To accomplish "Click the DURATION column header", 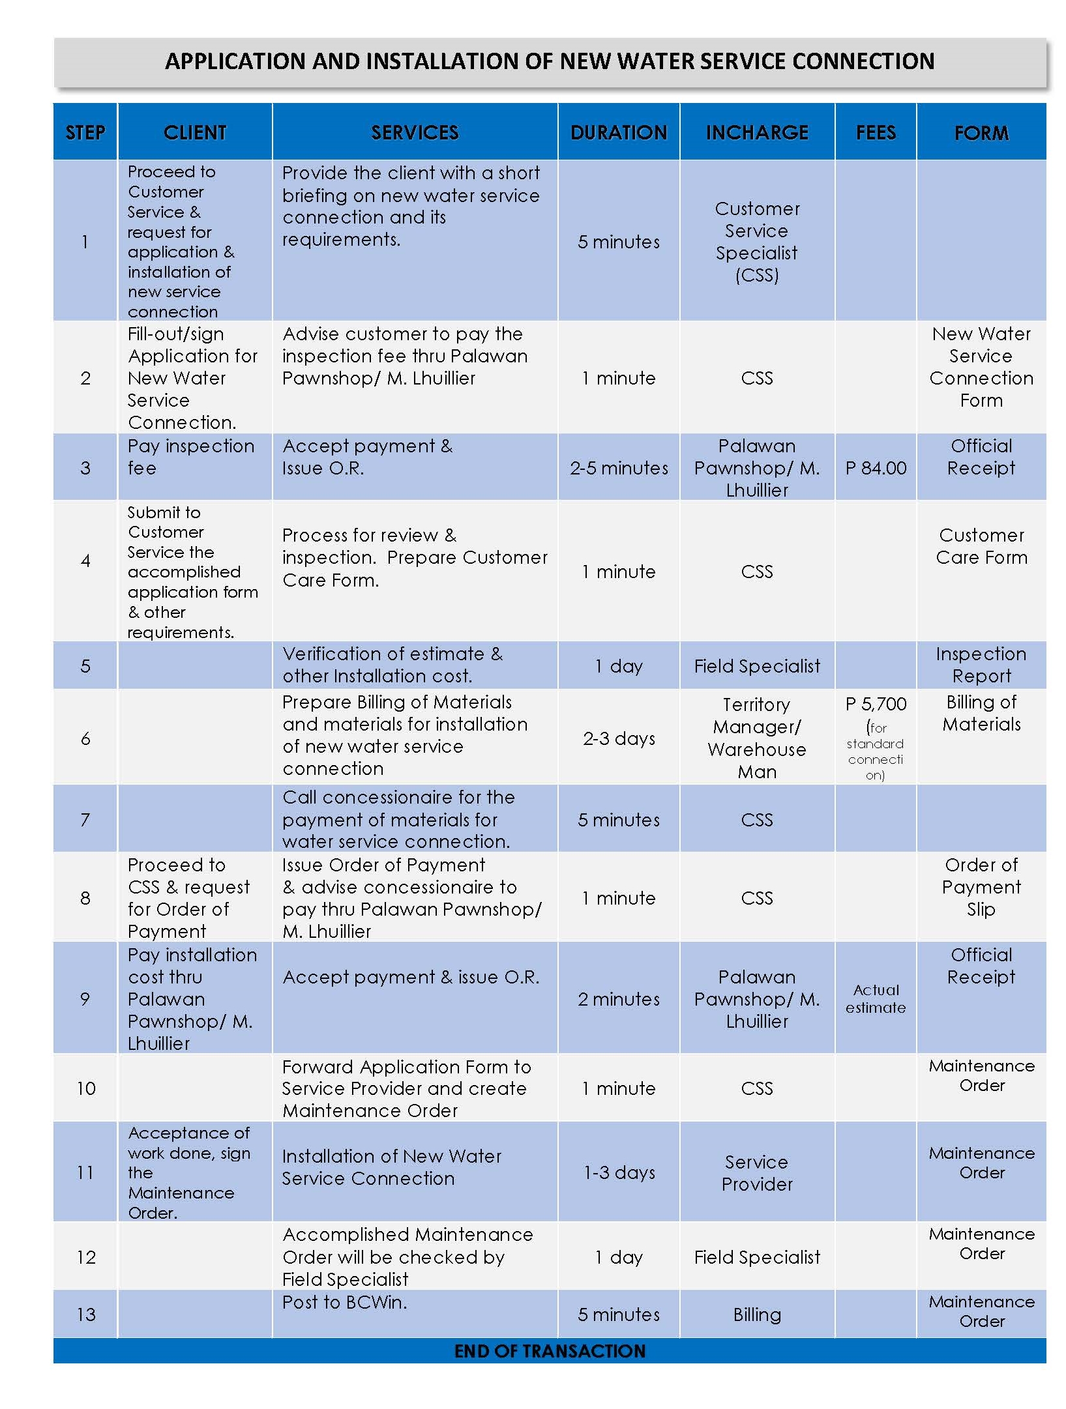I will pos(618,132).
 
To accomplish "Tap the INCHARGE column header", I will pos(756,132).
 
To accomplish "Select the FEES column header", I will pos(875,132).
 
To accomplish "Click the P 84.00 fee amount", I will pos(875,468).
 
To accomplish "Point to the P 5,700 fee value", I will pos(875,705).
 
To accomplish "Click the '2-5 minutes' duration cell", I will pos(618,468).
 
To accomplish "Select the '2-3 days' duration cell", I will pos(618,738).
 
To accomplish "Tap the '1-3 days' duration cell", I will pos(618,1172).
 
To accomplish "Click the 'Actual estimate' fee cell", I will pos(875,998).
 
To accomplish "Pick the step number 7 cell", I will pos(85,819).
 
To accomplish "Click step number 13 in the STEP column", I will pos(85,1315).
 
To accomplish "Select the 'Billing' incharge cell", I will pos(756,1315).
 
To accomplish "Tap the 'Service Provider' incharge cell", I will pos(756,1172).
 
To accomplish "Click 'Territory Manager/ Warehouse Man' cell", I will pos(756,738).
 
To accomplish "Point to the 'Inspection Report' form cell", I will pos(981,665).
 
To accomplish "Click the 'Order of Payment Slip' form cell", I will pos(981,887).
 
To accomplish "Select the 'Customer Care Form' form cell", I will pos(981,546).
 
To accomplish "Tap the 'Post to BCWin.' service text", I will pos(344,1302).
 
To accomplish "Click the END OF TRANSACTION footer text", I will pos(549,1351).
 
